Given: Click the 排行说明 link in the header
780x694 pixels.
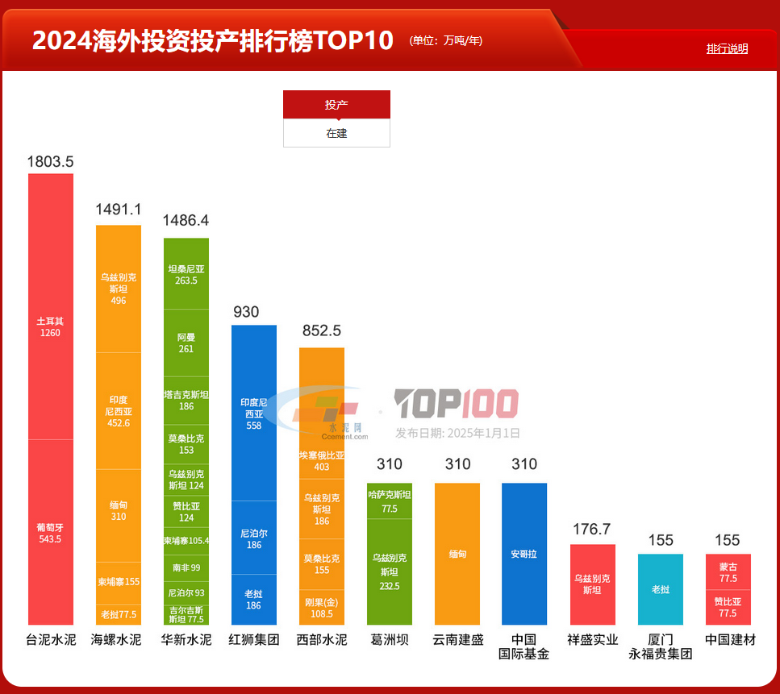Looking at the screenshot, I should (727, 48).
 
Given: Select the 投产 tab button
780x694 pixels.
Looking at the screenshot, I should (336, 105).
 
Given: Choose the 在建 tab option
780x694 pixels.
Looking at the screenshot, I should (336, 133).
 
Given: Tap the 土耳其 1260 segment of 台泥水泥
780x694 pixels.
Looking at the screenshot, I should (50, 326).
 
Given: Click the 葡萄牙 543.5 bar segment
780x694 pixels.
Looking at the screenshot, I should (50, 533).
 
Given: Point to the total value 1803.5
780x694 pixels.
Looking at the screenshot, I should (50, 161).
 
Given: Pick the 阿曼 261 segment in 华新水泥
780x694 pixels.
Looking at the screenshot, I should (186, 343).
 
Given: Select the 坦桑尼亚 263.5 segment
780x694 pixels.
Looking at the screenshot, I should (186, 274).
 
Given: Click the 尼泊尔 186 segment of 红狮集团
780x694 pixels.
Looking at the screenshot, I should (253, 538).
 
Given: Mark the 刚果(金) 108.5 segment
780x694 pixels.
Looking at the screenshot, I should (321, 608).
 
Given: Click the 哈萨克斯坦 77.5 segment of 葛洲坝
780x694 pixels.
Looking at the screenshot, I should (389, 501).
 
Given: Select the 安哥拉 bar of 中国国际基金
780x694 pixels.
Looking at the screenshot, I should (523, 554).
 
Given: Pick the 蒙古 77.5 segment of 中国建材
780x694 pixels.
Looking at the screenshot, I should (728, 572).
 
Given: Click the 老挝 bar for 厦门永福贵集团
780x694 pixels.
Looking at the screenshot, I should (660, 589).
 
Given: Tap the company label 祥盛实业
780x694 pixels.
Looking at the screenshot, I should (592, 640).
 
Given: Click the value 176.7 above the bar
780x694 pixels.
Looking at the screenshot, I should (592, 530).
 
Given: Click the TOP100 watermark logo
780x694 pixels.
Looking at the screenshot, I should (456, 404).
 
